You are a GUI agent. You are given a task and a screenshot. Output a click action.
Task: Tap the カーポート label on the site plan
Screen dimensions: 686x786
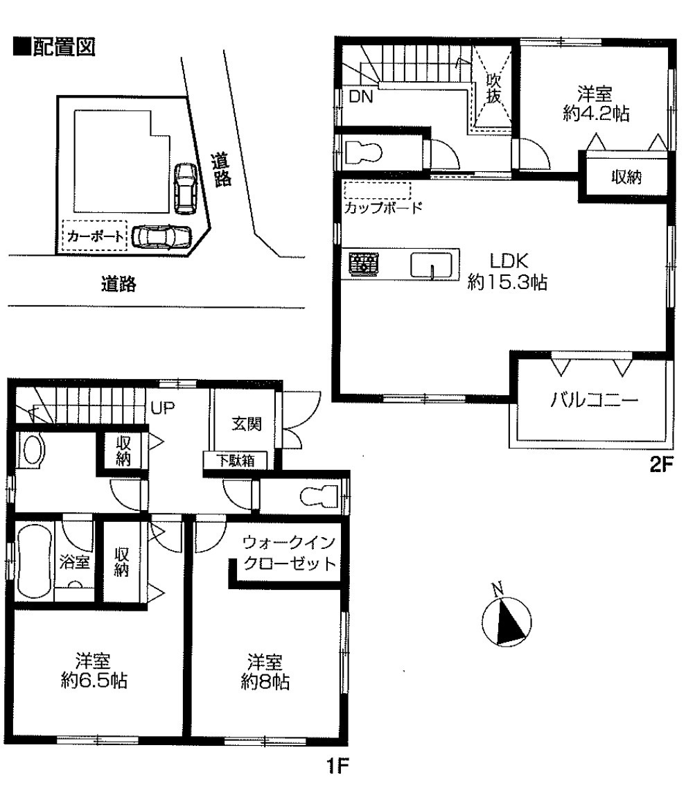tap(95, 236)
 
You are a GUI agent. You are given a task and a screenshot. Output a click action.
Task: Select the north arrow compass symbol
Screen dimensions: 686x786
tap(506, 618)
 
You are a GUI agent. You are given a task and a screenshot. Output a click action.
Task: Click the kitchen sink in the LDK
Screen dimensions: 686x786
tap(432, 264)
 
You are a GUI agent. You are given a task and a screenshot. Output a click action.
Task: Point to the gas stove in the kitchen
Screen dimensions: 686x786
tap(364, 264)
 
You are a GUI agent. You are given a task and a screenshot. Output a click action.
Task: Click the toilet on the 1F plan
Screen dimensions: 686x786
tap(319, 496)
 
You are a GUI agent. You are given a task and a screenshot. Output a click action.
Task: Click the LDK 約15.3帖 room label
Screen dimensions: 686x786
tap(507, 271)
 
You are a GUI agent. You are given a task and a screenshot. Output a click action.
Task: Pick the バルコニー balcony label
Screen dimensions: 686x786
tap(595, 399)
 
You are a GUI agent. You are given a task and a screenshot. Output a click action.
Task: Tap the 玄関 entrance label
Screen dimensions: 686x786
tap(247, 423)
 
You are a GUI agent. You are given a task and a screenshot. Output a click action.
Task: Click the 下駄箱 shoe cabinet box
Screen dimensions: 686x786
tap(235, 460)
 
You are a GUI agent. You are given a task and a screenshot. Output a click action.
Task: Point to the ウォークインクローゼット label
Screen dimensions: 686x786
tap(289, 553)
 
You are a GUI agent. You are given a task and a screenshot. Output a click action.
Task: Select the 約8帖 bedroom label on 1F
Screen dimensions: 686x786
tap(265, 672)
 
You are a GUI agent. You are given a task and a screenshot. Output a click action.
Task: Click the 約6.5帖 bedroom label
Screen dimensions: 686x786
tap(94, 671)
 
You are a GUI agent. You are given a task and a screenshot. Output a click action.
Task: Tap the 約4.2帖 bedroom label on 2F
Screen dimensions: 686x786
tap(595, 104)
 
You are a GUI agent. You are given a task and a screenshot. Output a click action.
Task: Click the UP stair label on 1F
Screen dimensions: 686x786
tap(163, 408)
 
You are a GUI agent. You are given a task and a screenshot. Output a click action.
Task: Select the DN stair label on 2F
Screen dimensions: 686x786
tap(361, 96)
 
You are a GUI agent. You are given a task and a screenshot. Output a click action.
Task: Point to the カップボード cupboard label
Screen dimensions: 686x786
tap(382, 207)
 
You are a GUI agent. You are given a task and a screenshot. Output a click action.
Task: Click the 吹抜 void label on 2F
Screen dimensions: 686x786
tap(493, 88)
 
